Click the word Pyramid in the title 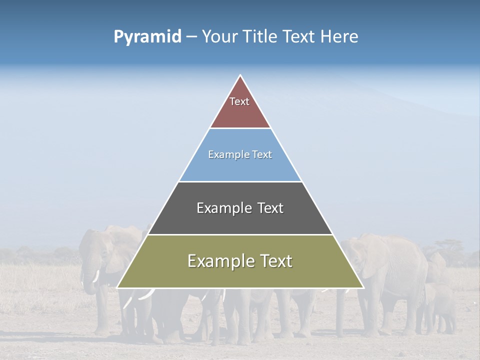(x=147, y=37)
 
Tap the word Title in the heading (x=261, y=37)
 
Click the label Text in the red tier (x=239, y=101)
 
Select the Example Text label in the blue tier (x=240, y=154)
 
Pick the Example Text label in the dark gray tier (x=240, y=208)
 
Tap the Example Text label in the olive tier (x=240, y=261)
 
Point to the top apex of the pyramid (x=240, y=76)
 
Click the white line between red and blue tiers (x=240, y=128)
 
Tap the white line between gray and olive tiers (x=240, y=234)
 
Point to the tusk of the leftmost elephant (x=95, y=276)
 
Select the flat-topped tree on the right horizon (x=448, y=245)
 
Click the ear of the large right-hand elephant (x=372, y=257)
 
